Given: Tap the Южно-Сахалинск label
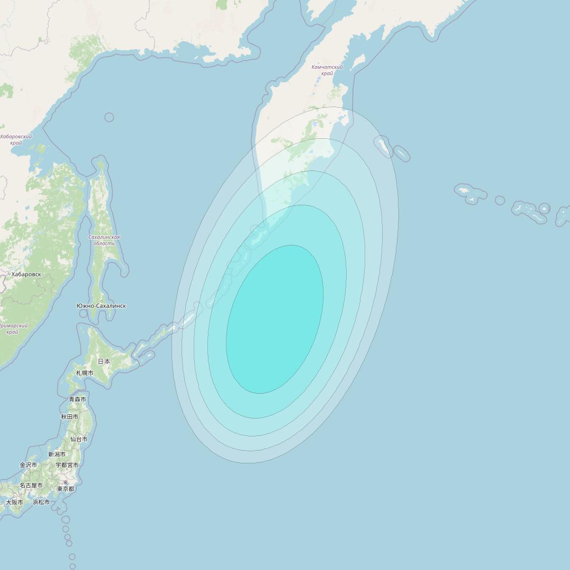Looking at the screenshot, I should pyautogui.click(x=101, y=306).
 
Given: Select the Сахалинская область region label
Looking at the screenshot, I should pyautogui.click(x=104, y=240).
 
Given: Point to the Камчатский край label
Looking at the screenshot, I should pyautogui.click(x=327, y=70).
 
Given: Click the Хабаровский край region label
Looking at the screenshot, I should pyautogui.click(x=16, y=140).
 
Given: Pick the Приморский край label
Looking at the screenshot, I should pyautogui.click(x=13, y=329).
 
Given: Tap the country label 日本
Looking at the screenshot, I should pyautogui.click(x=104, y=362).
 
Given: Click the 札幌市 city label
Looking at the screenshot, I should pyautogui.click(x=84, y=373).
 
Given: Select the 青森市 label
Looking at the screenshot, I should pyautogui.click(x=77, y=400).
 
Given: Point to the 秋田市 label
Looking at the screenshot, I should pyautogui.click(x=69, y=417).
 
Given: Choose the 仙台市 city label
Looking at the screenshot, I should pyautogui.click(x=79, y=439).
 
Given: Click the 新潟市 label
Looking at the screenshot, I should pyautogui.click(x=56, y=454).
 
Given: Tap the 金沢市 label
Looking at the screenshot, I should pyautogui.click(x=28, y=465).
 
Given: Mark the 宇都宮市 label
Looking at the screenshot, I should pyautogui.click(x=67, y=465).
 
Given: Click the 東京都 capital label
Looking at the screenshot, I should pyautogui.click(x=65, y=489).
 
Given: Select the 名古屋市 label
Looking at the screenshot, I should pyautogui.click(x=31, y=486).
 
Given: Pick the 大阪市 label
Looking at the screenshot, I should pyautogui.click(x=14, y=502).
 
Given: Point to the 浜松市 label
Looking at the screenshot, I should pyautogui.click(x=41, y=502).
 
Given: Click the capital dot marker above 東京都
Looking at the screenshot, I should pyautogui.click(x=65, y=482).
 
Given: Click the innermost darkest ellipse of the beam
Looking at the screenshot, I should pyautogui.click(x=274, y=319).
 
